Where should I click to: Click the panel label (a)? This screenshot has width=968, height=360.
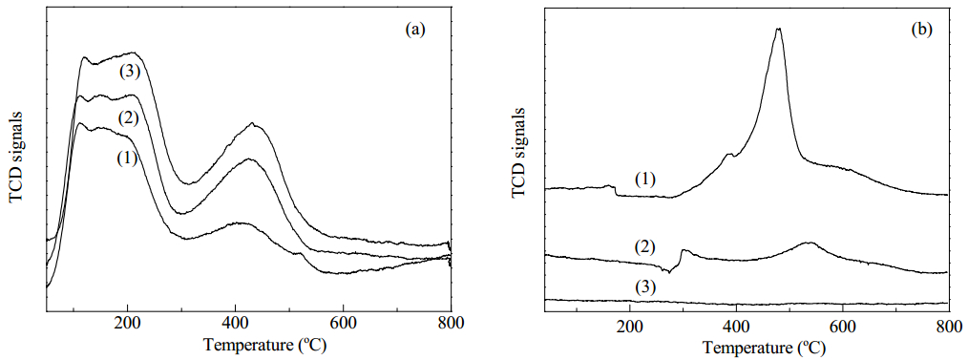[x=415, y=29]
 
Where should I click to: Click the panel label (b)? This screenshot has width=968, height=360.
[x=921, y=29]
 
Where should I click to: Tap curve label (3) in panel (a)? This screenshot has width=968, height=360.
[x=130, y=72]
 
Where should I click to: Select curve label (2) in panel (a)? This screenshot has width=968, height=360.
[x=128, y=117]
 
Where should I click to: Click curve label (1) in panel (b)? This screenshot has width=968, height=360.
[x=645, y=180]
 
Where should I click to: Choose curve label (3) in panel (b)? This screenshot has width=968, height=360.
[x=644, y=286]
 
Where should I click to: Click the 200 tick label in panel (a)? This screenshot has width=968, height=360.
[x=127, y=323]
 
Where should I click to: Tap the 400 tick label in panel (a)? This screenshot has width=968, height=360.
[x=235, y=323]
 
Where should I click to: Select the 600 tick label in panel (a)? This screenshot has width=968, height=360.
[x=343, y=323]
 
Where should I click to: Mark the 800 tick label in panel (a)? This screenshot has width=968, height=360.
[x=451, y=323]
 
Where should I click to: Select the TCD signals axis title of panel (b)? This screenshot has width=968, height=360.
[x=520, y=154]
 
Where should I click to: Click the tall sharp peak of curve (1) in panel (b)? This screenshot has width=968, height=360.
[x=778, y=29]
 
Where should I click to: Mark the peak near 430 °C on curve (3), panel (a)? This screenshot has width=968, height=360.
[x=252, y=124]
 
